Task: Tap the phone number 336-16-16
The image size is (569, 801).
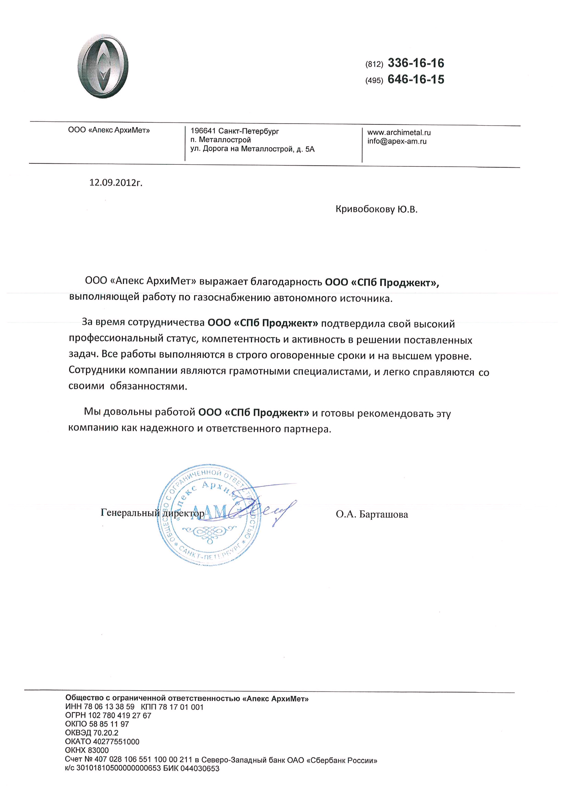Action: (415, 63)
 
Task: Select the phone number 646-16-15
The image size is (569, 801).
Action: (415, 79)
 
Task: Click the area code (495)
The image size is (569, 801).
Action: (374, 80)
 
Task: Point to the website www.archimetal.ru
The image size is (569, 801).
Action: (399, 133)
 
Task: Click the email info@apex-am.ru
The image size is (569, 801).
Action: (397, 141)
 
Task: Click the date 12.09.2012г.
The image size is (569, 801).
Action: (116, 183)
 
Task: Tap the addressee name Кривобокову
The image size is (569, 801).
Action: (365, 209)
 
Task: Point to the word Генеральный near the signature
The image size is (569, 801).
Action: (128, 513)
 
